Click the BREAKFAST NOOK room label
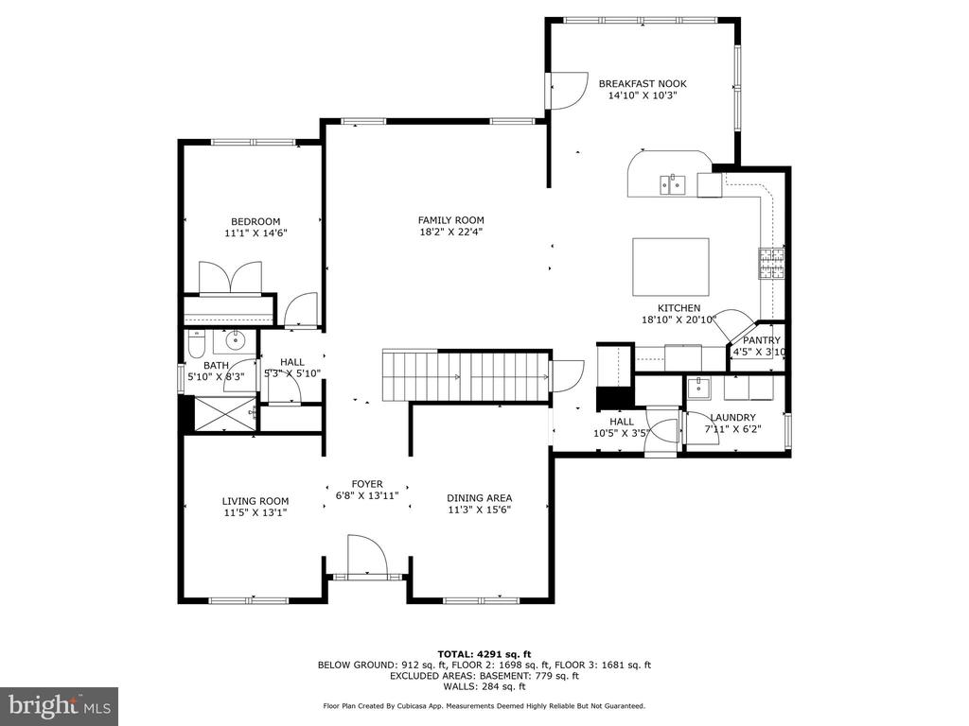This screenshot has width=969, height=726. click(x=643, y=83)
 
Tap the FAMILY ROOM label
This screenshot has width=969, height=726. click(x=451, y=220)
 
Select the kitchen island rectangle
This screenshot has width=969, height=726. click(x=671, y=267)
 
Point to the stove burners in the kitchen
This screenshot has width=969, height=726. click(x=771, y=264)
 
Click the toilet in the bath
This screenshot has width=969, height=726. click(x=196, y=345)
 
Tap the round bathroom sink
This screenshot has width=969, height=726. click(x=235, y=339)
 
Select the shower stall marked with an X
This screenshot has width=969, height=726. click(x=225, y=414)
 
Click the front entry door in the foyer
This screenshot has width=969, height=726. click(x=367, y=556)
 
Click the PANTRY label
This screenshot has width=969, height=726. click(x=762, y=340)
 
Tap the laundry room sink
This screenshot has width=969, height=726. click(x=698, y=388)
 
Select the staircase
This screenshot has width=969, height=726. click(x=467, y=376)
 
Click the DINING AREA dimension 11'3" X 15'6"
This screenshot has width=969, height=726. click(x=480, y=510)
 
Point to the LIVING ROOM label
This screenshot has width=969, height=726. click(x=255, y=501)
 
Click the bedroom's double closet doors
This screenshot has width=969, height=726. click(x=231, y=277)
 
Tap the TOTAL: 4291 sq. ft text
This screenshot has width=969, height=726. click(x=484, y=654)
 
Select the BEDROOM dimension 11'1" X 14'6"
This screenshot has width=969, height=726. click(x=255, y=233)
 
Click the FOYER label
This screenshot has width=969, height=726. click(x=367, y=485)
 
